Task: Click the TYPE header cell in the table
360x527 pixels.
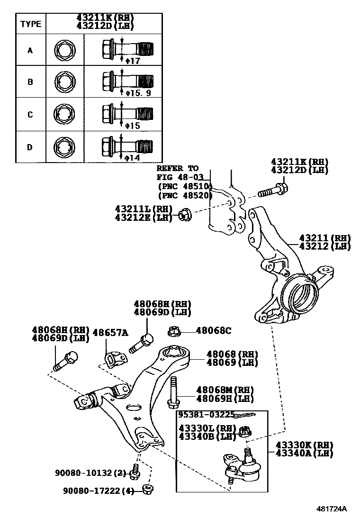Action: pyautogui.click(x=31, y=24)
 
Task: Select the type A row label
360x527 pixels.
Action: pyautogui.click(x=30, y=49)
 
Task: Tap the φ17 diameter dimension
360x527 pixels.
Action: pyautogui.click(x=132, y=61)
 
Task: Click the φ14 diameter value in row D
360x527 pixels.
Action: pyautogui.click(x=132, y=157)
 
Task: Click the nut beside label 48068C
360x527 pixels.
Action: pyautogui.click(x=173, y=330)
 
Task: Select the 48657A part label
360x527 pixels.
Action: pyautogui.click(x=110, y=333)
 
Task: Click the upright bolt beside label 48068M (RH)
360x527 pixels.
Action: pyautogui.click(x=172, y=392)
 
